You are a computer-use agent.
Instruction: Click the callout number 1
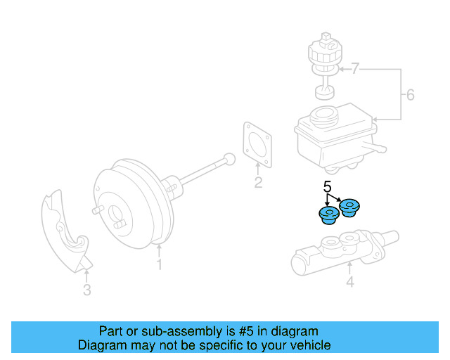[159, 265]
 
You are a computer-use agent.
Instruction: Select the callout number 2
[258, 184]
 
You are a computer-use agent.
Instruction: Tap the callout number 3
[86, 289]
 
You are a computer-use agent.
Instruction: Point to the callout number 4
[349, 283]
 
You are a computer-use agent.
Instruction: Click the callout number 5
[327, 187]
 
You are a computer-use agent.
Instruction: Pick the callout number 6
[411, 95]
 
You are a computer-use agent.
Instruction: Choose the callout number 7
[355, 69]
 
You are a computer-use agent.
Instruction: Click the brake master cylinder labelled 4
[337, 254]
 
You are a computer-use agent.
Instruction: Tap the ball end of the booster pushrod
[227, 158]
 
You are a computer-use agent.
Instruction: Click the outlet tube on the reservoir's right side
[378, 148]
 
